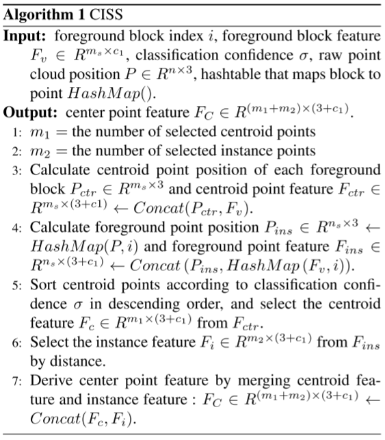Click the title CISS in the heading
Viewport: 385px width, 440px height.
[x=106, y=14]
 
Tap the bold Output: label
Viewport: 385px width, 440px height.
[x=30, y=113]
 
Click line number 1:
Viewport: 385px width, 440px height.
[x=17, y=132]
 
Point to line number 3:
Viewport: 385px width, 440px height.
[x=17, y=170]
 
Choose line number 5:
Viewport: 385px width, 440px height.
[x=17, y=285]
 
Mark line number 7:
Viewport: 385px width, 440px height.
[x=17, y=380]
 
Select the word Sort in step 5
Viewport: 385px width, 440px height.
[x=44, y=285]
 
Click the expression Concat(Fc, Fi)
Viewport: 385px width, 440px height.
[x=83, y=419]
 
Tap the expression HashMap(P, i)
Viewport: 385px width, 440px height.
[x=84, y=246]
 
